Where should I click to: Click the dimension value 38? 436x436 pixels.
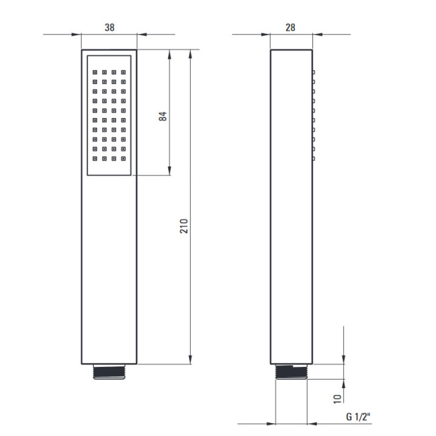(110, 27)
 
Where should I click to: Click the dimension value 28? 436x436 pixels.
(290, 27)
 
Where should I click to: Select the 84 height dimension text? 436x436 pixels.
(163, 116)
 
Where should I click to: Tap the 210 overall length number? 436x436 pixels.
(184, 226)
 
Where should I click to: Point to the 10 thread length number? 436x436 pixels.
(337, 399)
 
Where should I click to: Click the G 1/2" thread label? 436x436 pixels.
(358, 417)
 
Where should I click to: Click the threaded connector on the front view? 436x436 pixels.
(109, 372)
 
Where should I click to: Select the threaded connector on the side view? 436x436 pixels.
(291, 372)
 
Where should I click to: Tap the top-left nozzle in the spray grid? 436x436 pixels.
(95, 72)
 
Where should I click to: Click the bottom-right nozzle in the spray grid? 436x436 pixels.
(124, 159)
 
